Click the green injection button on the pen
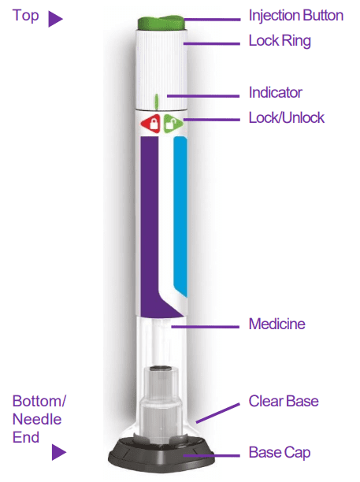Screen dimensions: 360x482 [161, 23]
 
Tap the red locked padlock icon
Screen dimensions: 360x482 [151, 124]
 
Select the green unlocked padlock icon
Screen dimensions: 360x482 [173, 124]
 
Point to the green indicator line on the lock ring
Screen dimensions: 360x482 [157, 102]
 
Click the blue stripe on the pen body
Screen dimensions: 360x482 [180, 216]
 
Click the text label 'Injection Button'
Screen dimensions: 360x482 [296, 16]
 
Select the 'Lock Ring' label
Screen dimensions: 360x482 [280, 41]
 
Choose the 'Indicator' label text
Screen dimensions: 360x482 [276, 92]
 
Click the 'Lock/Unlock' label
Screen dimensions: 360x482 [287, 117]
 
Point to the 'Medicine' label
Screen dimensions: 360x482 [277, 324]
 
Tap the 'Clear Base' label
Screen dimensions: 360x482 [284, 401]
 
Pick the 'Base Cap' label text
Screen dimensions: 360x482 [280, 453]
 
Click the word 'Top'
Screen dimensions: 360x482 [25, 16]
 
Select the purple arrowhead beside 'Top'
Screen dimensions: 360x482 [54, 19]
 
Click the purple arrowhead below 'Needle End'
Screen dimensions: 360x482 [58, 452]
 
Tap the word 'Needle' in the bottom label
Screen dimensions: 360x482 [37, 419]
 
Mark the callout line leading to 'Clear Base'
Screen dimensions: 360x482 [217, 413]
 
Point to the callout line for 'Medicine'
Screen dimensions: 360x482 [205, 327]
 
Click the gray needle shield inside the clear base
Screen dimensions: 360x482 [160, 406]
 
